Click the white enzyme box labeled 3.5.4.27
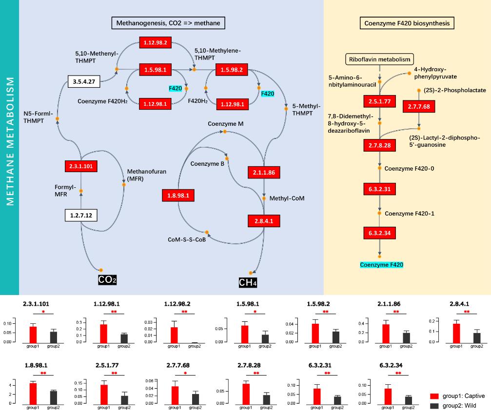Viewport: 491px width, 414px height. (83, 81)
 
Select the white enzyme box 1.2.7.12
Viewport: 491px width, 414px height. (81, 215)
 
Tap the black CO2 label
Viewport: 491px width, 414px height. (107, 280)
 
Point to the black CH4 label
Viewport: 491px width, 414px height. (248, 282)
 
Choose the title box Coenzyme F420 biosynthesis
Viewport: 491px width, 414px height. (407, 22)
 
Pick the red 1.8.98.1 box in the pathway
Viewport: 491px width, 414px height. (178, 196)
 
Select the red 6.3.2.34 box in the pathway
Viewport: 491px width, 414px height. (379, 233)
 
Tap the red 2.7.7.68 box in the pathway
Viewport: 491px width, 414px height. (418, 105)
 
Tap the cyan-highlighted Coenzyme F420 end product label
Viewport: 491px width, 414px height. (382, 265)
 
